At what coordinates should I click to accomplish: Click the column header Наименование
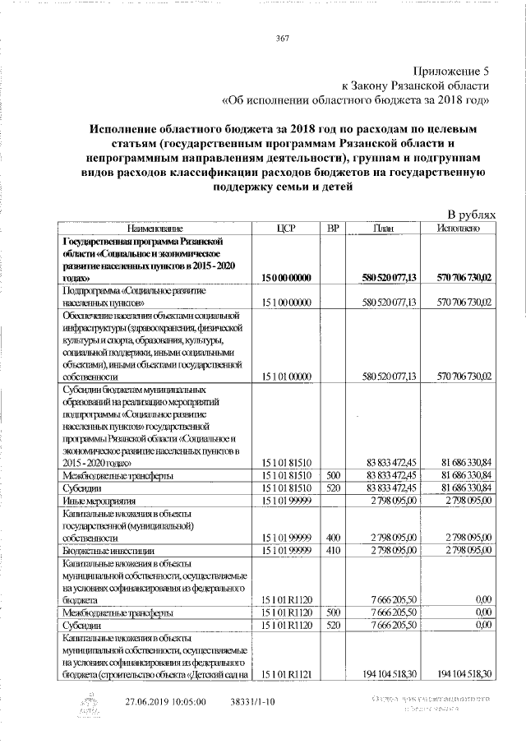pyautogui.click(x=155, y=228)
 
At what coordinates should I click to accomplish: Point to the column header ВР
pyautogui.click(x=332, y=228)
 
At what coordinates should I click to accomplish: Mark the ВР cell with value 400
pyautogui.click(x=332, y=537)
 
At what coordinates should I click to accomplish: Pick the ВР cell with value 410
pyautogui.click(x=332, y=549)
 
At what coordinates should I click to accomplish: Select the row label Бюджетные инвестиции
pyautogui.click(x=107, y=549)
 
